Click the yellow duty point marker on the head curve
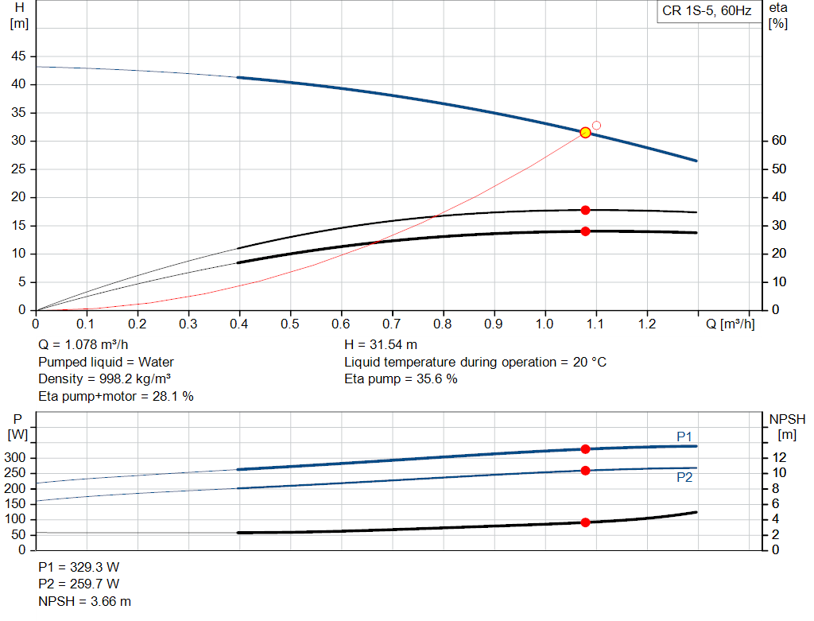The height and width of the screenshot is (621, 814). (585, 133)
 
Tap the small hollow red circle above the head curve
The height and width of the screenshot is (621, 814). (596, 126)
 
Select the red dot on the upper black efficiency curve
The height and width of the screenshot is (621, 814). (585, 210)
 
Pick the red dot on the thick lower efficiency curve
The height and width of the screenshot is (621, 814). (585, 231)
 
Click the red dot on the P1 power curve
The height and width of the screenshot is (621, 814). (585, 449)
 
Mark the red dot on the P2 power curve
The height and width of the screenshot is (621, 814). (585, 471)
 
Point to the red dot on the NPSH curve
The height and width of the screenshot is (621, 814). (585, 522)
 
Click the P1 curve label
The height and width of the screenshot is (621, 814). (684, 437)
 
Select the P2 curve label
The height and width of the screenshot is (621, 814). (684, 477)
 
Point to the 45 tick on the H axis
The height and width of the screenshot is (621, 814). (18, 56)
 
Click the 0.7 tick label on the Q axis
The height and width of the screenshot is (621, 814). (391, 324)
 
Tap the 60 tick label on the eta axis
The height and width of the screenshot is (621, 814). (779, 140)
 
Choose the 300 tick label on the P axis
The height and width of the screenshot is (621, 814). (14, 457)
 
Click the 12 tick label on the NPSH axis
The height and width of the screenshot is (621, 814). (779, 457)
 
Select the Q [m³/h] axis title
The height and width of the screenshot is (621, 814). (730, 324)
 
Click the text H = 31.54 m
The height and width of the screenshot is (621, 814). (381, 345)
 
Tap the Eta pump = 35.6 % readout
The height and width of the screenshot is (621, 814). (401, 379)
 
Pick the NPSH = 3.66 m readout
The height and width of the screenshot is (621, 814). (84, 601)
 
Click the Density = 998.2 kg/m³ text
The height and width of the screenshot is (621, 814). (104, 379)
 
